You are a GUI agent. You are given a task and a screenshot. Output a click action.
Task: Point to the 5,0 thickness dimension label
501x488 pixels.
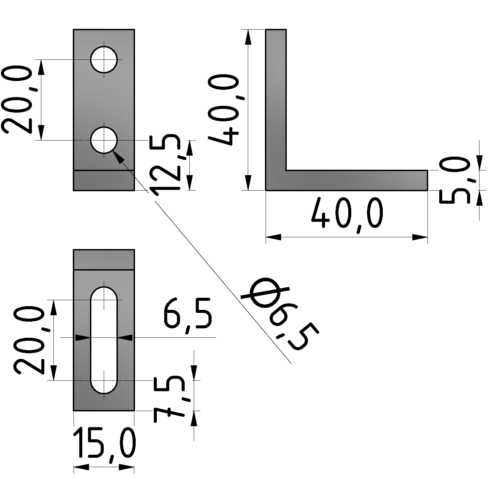(454, 180)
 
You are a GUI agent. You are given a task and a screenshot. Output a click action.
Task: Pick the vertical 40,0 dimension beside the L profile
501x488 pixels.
(224, 111)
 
